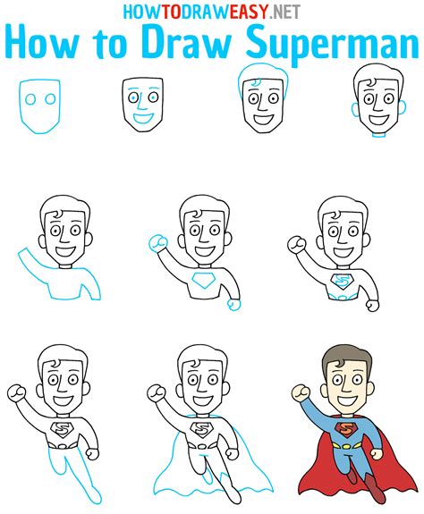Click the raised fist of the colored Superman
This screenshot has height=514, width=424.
point(301,392)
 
